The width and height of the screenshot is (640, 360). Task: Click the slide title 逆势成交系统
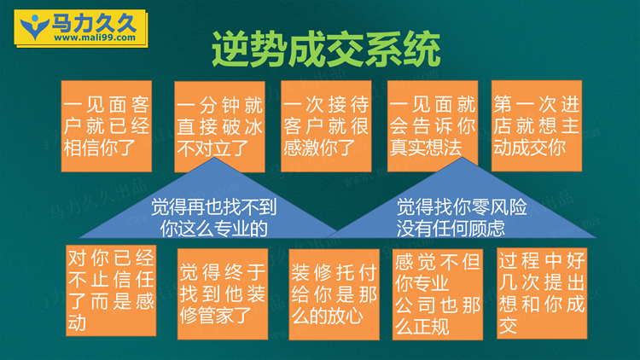326,49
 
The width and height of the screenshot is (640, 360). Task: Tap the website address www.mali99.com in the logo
95,38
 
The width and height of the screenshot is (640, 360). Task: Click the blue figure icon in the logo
35,27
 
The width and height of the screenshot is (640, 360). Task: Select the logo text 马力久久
94,23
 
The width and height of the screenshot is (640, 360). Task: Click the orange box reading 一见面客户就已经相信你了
107,126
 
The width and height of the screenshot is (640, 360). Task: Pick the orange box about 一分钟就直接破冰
219,126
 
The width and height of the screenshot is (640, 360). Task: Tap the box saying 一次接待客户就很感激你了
326,126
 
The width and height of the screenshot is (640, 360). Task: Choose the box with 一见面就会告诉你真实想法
433,126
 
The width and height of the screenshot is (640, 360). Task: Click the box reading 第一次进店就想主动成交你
537,125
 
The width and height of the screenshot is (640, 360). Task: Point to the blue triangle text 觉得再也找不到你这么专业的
214,218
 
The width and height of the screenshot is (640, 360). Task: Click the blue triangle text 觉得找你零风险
462,207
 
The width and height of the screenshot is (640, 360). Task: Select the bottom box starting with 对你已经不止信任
111,291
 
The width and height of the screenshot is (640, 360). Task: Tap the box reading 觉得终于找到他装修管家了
223,293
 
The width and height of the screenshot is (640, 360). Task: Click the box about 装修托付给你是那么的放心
335,294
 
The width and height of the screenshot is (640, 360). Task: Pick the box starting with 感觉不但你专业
438,294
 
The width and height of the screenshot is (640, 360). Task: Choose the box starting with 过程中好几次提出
542,293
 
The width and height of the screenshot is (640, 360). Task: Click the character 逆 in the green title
230,50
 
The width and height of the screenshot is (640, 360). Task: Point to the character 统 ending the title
422,50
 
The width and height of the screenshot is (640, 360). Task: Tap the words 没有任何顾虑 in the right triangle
451,229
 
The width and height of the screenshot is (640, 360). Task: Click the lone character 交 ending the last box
509,325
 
